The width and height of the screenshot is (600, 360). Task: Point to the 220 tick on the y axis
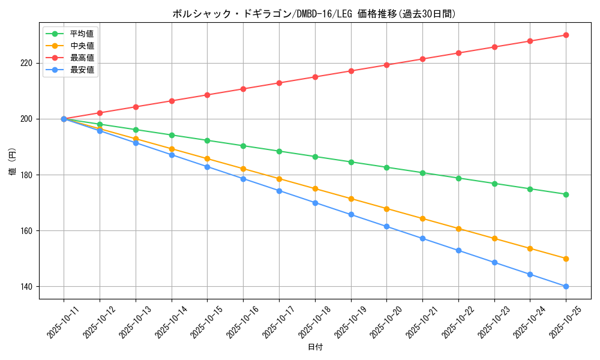28,63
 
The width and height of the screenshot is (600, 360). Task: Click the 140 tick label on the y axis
28,287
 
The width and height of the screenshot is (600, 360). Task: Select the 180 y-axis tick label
28,175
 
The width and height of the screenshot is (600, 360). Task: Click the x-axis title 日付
315,347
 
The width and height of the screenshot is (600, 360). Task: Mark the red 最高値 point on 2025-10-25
566,35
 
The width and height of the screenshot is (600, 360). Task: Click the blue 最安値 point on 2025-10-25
566,286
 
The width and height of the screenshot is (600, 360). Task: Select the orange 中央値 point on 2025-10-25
566,259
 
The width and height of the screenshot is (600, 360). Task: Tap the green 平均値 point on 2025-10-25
566,194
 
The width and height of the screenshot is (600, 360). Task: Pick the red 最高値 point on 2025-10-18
315,77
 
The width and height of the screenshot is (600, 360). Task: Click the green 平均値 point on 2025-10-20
386,167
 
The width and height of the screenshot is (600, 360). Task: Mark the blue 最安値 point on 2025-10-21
422,238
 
